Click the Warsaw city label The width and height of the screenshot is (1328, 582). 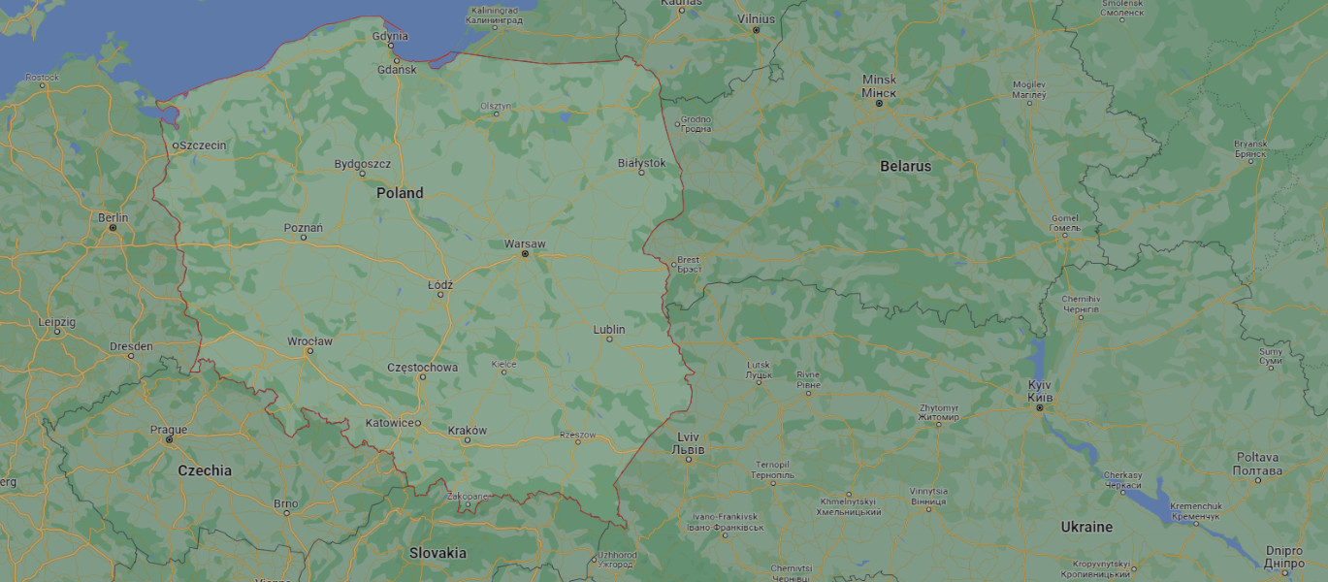(x=525, y=242)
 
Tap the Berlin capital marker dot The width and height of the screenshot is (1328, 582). (x=113, y=228)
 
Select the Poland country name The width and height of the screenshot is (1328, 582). (x=400, y=193)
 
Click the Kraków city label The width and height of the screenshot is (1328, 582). (x=468, y=430)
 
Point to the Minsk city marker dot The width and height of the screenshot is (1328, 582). (x=879, y=103)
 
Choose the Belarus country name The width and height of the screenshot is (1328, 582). (x=905, y=166)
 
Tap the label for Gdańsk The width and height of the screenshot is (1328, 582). (x=397, y=70)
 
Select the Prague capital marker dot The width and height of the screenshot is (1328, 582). (x=169, y=440)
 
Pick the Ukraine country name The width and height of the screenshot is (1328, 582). (x=1085, y=527)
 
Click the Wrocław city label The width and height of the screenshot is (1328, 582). (x=309, y=341)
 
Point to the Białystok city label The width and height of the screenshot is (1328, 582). (x=641, y=162)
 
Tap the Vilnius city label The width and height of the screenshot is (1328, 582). (x=757, y=18)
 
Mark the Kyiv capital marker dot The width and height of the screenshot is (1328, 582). (x=1040, y=408)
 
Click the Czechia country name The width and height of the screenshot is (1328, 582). (x=205, y=470)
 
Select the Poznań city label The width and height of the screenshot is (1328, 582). (x=303, y=228)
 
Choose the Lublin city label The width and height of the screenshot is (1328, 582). (x=609, y=330)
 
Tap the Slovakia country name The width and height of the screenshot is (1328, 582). (x=437, y=553)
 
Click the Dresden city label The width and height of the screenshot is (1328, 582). (x=131, y=346)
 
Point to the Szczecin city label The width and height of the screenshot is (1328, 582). (x=203, y=145)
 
